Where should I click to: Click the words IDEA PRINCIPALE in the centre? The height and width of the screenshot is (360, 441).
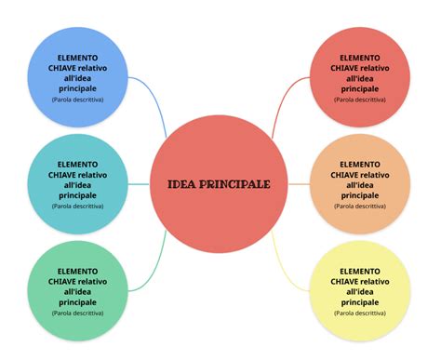[x=219, y=184]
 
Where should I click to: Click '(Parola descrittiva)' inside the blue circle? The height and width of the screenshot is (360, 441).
[x=78, y=99]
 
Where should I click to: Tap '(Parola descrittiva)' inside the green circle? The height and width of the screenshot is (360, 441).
[x=77, y=312]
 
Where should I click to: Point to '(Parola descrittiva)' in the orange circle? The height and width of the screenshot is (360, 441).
[x=359, y=206]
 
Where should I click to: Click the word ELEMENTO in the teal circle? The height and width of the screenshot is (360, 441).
[x=77, y=163]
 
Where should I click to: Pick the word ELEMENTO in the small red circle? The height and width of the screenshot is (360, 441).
[x=359, y=58]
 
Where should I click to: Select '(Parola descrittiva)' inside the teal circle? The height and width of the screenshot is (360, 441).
[x=77, y=206]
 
